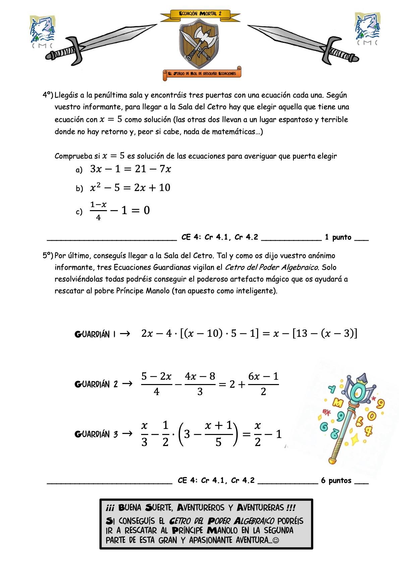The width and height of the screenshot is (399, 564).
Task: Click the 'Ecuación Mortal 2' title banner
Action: pos(200,14)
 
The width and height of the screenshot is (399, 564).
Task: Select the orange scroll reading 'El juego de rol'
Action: pos(202,74)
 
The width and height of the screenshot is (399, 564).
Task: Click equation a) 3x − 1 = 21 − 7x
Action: pos(130,169)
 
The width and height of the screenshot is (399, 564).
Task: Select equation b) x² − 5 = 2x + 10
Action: pos(130,187)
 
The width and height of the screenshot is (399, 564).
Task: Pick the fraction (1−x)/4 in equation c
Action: pos(98,211)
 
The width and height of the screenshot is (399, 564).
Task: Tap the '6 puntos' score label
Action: pos(336,481)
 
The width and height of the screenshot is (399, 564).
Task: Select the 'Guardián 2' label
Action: pos(96,384)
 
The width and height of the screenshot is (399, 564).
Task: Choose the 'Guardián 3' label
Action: pos(96,434)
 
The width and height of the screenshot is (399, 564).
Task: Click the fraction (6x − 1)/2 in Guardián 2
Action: pos(263,384)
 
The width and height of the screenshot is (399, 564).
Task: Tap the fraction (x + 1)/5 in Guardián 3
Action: pos(218,434)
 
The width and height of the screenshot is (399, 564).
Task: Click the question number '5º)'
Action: pos(48,256)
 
